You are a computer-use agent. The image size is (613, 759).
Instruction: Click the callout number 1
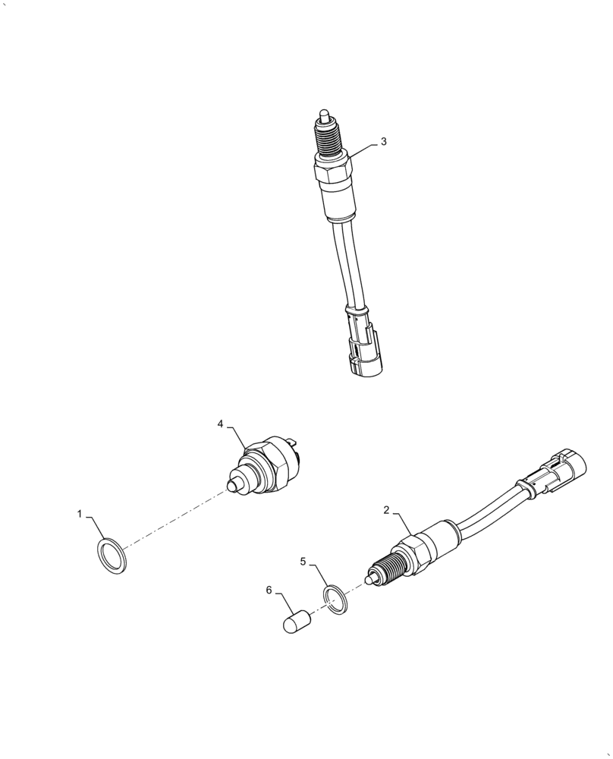(79, 514)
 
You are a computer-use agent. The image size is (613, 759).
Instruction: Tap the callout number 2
(386, 511)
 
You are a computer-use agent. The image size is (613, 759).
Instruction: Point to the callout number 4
(221, 424)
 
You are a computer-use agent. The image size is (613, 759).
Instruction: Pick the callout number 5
(303, 562)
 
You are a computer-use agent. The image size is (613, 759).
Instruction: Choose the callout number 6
(269, 590)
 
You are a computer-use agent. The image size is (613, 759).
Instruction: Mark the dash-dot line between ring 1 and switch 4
(174, 520)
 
